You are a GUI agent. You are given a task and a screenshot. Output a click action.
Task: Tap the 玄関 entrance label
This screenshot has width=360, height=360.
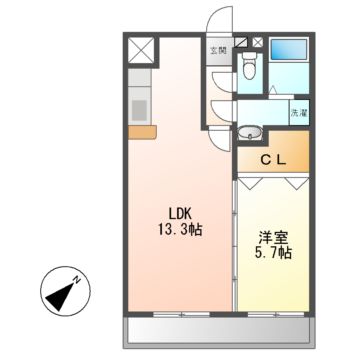[x=218, y=46]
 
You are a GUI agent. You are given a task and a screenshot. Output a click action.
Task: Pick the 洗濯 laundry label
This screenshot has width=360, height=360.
[x=299, y=113]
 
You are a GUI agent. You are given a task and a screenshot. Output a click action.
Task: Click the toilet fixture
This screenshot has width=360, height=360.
[x=250, y=66]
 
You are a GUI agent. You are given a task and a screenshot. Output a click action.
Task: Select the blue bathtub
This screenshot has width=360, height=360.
[x=291, y=50]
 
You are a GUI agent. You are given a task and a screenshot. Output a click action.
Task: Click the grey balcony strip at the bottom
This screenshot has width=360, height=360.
[x=217, y=330]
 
